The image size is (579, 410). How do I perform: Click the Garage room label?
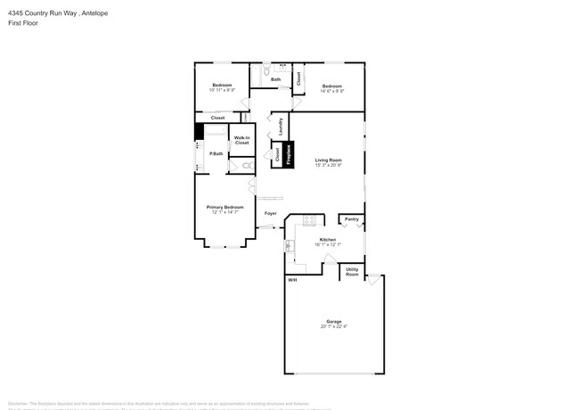334,321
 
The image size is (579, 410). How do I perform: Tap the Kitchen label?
328,240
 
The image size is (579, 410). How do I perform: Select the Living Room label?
328,160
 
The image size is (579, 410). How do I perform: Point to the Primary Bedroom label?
227,207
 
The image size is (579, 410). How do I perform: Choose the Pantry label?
352,219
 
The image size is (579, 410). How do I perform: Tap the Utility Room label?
353,271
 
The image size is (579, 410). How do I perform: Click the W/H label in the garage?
291,281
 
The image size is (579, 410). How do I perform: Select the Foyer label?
271,214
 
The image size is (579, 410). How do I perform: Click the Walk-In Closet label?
241,140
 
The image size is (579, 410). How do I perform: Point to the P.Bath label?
216,154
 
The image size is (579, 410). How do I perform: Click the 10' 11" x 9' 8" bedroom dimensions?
222,90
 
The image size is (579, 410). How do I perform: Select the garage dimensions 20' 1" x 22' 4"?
334,326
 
